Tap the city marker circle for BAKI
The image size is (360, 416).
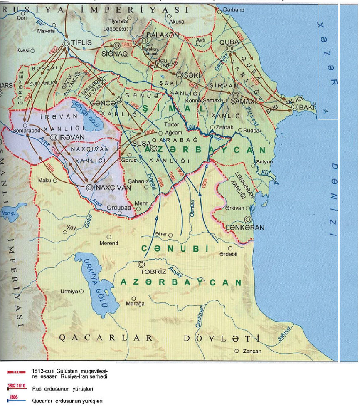click(295, 107)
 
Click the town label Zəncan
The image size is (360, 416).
click(251, 351)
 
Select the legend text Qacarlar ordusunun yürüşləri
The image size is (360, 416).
click(67, 401)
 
